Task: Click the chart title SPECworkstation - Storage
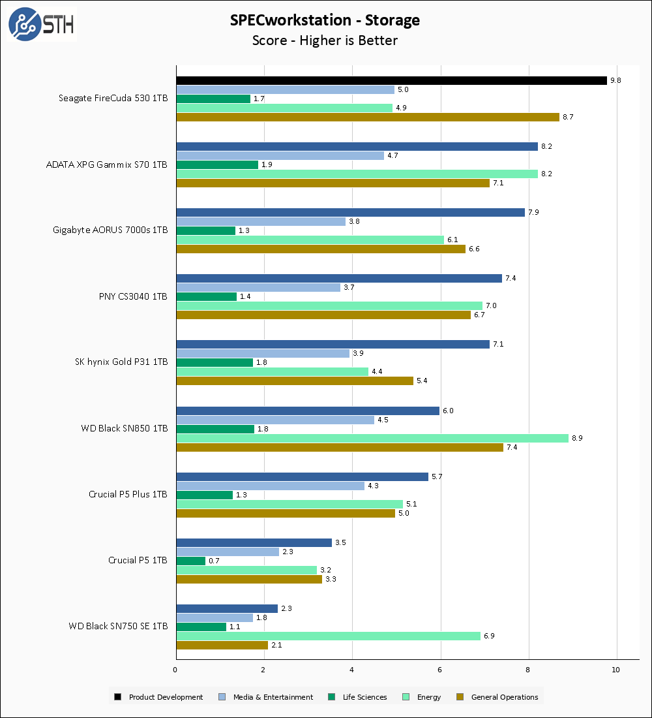(325, 20)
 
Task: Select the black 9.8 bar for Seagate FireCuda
(391, 81)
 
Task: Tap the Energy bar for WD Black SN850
(372, 438)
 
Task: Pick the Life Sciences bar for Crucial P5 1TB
(191, 561)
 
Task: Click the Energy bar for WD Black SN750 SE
(328, 636)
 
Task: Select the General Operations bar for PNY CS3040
(323, 315)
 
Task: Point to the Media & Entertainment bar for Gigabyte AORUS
(261, 221)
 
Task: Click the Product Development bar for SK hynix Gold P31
(333, 344)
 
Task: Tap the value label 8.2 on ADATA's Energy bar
(546, 174)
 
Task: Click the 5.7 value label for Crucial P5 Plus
(437, 476)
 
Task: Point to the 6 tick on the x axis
(441, 670)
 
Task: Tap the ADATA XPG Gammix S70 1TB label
(106, 164)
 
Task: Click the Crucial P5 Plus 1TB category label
(128, 494)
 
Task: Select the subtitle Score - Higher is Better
(325, 40)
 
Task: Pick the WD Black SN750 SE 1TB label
(118, 626)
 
